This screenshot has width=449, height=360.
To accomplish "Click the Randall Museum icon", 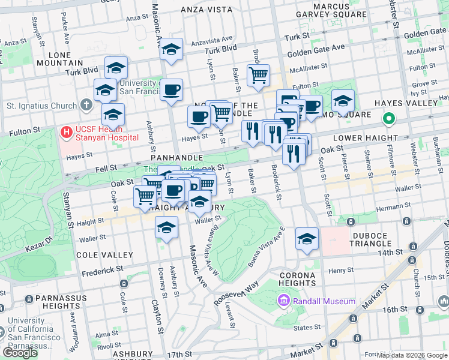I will click(x=282, y=301).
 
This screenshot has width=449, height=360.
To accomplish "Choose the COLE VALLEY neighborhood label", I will click(x=104, y=255).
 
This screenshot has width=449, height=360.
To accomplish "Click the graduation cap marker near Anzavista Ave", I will click(x=172, y=50).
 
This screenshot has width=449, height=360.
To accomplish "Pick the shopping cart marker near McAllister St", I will click(x=258, y=76).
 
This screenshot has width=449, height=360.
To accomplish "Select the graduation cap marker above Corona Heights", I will click(x=307, y=239).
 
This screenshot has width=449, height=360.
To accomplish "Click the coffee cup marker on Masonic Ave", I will click(x=172, y=90).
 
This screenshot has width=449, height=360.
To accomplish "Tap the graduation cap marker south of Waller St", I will click(x=167, y=227).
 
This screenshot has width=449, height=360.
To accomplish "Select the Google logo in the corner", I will click(x=20, y=352).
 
